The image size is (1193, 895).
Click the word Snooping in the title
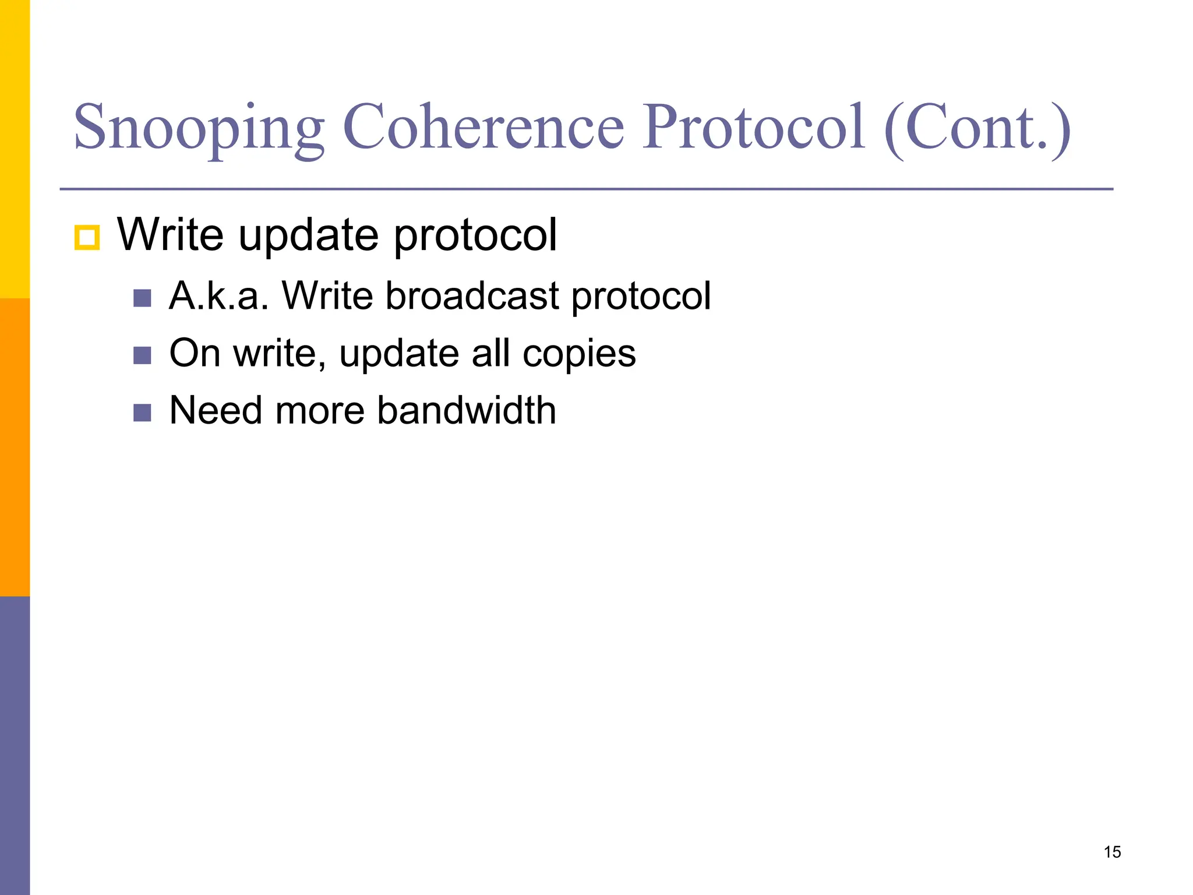coord(198,128)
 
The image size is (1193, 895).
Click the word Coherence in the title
coord(483,128)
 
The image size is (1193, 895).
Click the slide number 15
coord(1112,852)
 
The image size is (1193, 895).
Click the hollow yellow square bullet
coord(87,238)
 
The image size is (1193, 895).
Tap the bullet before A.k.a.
coord(142,298)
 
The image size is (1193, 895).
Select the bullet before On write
coord(142,355)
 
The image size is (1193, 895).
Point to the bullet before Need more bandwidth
coord(142,413)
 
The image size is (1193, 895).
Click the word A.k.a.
coord(218,296)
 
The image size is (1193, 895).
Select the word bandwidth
coord(466,410)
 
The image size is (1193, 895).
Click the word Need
coord(216,410)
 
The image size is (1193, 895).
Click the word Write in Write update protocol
coord(170,235)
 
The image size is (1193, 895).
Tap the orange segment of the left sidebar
coord(15,447)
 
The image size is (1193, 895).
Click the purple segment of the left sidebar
coord(15,746)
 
